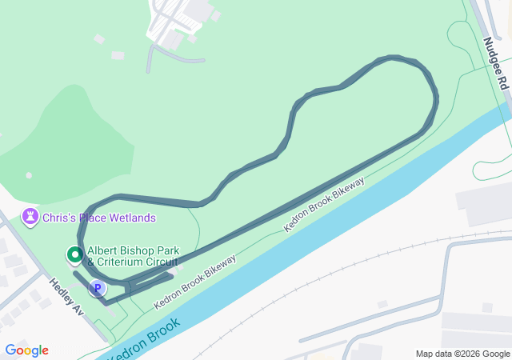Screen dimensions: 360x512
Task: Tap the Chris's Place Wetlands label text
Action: point(99,218)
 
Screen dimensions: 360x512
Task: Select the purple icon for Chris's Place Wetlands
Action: point(30,217)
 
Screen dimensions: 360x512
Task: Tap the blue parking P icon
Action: point(98,289)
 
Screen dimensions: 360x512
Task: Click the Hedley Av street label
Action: point(66,296)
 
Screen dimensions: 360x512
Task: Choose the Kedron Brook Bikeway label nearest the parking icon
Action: point(194,283)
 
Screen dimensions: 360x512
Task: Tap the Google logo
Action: point(26,350)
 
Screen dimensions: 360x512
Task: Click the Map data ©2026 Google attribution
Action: point(462,354)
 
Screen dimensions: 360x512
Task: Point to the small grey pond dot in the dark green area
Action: point(29,175)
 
